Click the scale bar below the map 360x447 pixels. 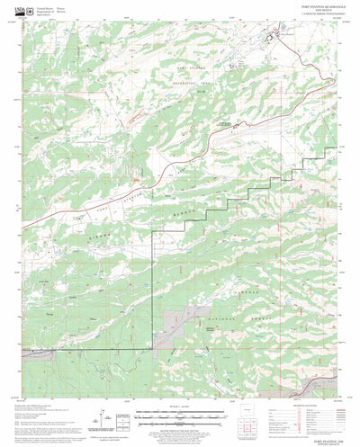tap(180, 416)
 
